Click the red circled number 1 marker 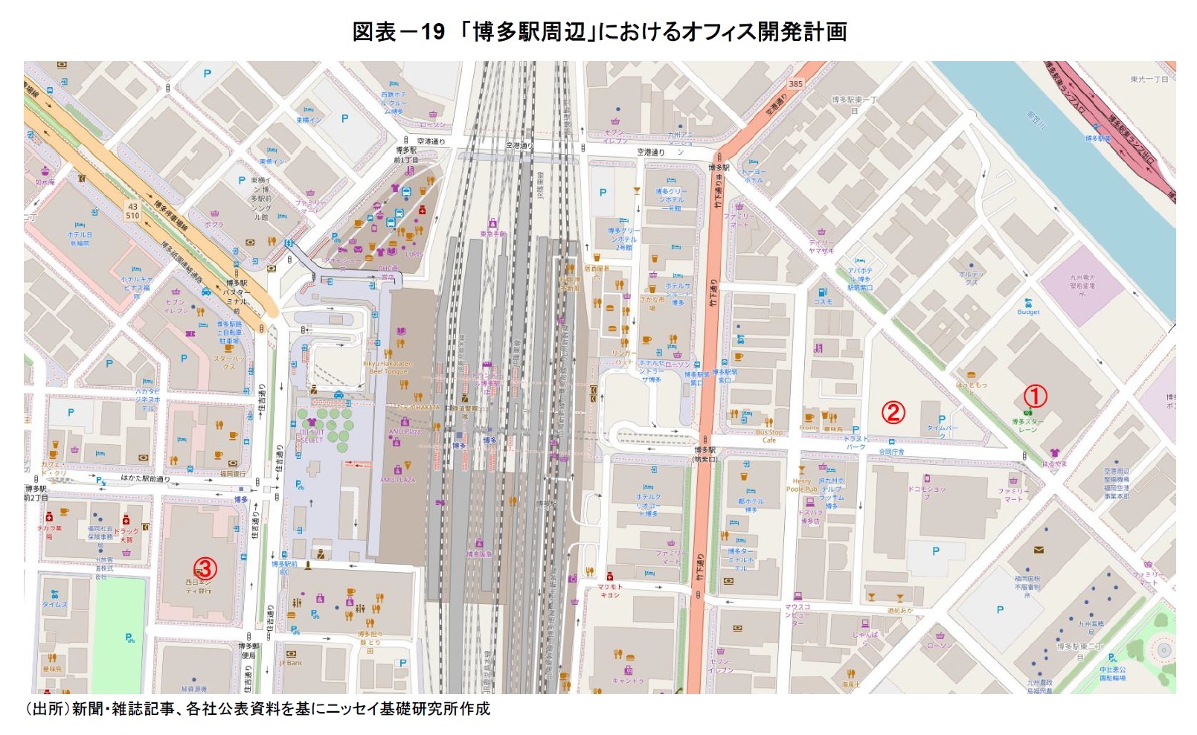(x=1036, y=396)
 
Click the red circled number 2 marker (x=893, y=411)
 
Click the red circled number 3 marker (x=205, y=569)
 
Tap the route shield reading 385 (x=796, y=83)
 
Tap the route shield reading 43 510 (x=132, y=211)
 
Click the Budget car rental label (x=1028, y=312)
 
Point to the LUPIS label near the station (x=414, y=254)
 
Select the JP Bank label (x=291, y=662)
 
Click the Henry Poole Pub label (x=801, y=485)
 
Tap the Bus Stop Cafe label (x=769, y=436)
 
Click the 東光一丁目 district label (x=1149, y=79)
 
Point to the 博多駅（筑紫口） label (x=705, y=455)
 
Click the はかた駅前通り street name (x=145, y=478)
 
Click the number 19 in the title (x=432, y=31)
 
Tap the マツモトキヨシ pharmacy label (x=610, y=591)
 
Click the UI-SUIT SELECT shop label (x=312, y=436)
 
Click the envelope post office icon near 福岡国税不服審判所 (x=1038, y=551)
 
